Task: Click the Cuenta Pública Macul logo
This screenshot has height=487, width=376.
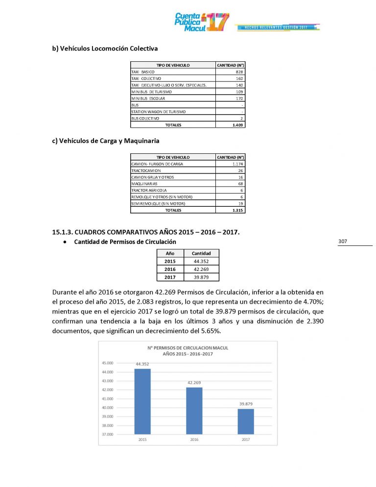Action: pos(201,22)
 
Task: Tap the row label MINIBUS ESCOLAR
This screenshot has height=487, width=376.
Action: pos(145,98)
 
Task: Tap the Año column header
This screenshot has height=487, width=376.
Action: pos(170,254)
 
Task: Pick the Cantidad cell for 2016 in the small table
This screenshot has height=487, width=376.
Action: pos(201,269)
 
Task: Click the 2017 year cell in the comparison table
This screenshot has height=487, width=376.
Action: pos(170,277)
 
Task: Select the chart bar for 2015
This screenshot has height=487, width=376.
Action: pos(142,401)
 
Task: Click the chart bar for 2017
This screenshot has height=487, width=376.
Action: pos(246,421)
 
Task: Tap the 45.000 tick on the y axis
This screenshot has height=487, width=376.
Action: pos(108,363)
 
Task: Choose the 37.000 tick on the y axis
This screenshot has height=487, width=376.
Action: pos(108,434)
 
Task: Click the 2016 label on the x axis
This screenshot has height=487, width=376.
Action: pos(194,439)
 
